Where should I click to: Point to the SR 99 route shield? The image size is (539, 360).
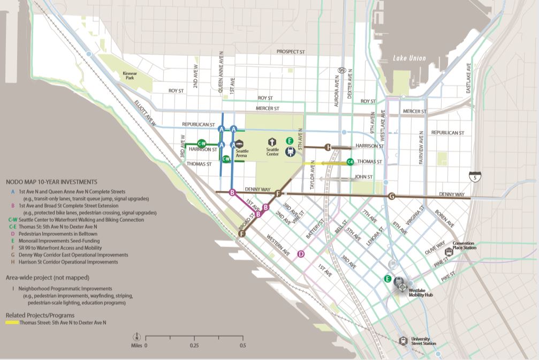click(x=341, y=70)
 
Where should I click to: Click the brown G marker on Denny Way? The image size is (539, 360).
click(x=392, y=196)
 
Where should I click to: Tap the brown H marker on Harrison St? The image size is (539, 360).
click(x=328, y=147)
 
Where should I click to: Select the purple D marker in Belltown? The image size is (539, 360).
click(x=301, y=254)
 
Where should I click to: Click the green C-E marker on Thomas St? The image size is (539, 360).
click(x=350, y=161)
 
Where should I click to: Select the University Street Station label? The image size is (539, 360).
click(x=423, y=341)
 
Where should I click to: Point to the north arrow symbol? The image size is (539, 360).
click(x=137, y=337)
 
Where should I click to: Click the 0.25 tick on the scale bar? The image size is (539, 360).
click(x=194, y=337)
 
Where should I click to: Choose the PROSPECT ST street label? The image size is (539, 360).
click(x=291, y=52)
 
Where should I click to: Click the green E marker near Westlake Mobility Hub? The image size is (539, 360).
click(x=387, y=278)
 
